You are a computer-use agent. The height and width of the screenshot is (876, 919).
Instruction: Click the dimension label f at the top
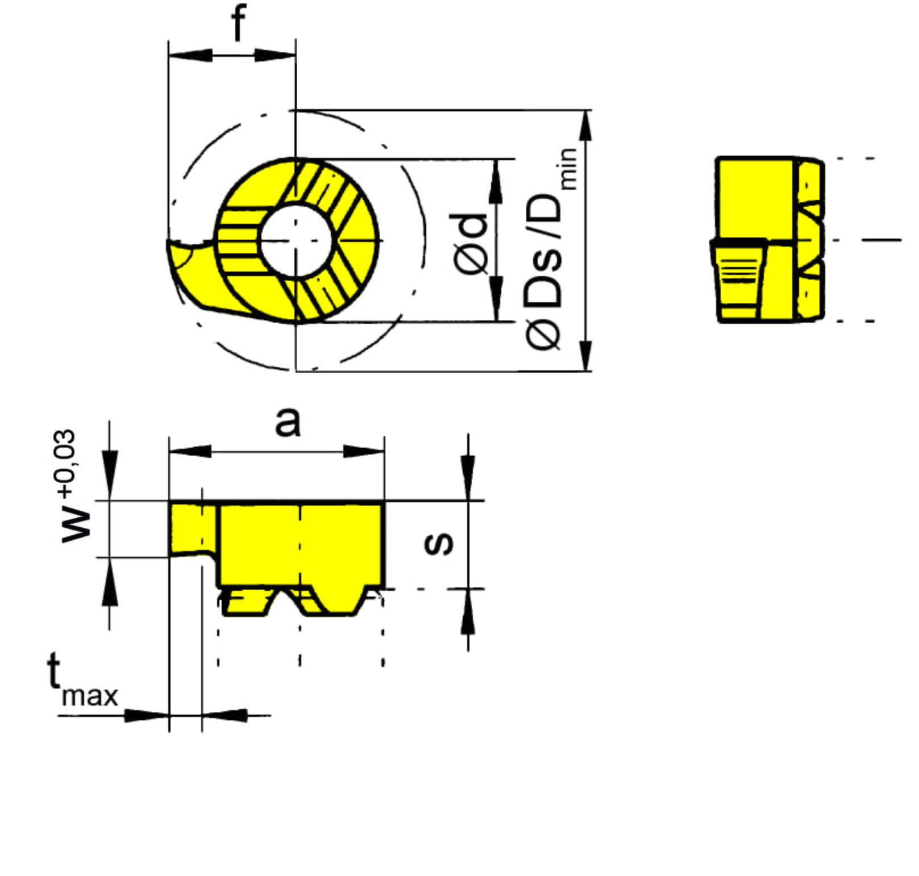click(x=239, y=23)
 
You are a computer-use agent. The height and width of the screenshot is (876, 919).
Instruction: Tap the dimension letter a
click(x=288, y=422)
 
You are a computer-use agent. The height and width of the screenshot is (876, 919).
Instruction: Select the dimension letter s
click(x=439, y=544)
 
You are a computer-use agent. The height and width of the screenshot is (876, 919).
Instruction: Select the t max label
click(x=82, y=679)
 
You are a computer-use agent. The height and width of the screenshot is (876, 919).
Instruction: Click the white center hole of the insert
click(x=296, y=241)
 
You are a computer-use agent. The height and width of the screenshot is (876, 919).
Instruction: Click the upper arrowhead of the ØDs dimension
click(x=585, y=126)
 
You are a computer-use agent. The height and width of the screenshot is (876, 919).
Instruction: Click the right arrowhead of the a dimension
click(x=364, y=452)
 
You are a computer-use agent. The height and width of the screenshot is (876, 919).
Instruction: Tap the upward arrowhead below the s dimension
click(x=468, y=611)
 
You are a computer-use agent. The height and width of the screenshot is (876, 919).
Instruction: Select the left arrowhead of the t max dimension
click(x=147, y=715)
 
